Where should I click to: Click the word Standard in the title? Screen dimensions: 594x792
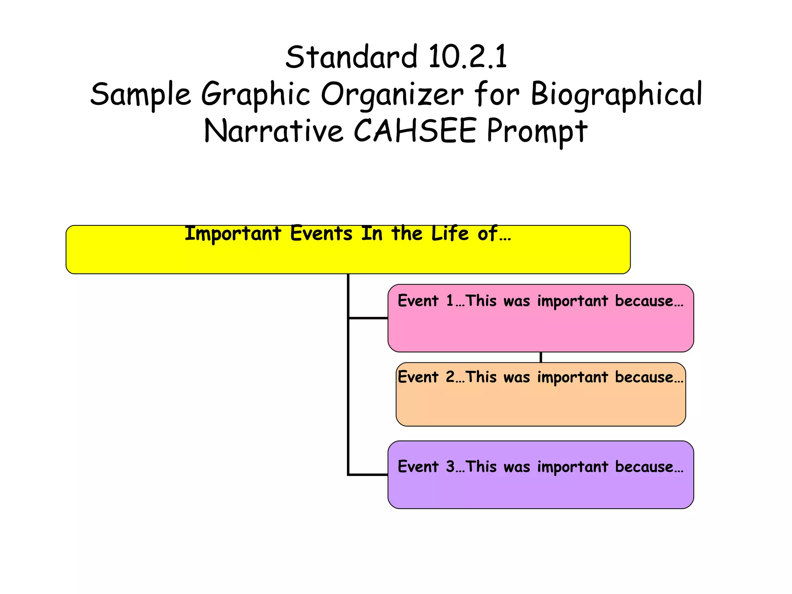(351, 57)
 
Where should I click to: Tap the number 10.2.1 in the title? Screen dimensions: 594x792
(468, 57)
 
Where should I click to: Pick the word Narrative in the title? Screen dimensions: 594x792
(273, 131)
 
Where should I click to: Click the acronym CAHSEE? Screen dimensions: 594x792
(415, 131)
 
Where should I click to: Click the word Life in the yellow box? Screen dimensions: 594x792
(450, 234)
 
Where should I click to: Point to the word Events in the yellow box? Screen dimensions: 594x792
(321, 234)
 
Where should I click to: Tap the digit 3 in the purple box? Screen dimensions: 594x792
(450, 466)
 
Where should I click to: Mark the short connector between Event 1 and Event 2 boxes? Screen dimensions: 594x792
(541, 357)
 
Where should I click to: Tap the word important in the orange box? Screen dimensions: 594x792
(572, 377)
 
